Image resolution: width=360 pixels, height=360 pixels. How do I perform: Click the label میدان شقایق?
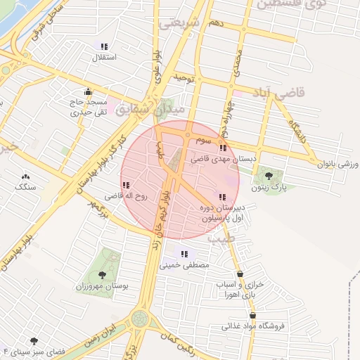tap(150, 110)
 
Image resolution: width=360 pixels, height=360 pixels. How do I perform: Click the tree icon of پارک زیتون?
tap(267, 175)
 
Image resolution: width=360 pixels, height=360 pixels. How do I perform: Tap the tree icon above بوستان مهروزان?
tap(103, 275)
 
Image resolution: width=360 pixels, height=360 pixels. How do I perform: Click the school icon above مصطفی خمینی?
tap(184, 254)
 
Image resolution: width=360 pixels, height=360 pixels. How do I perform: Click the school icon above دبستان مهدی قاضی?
tap(223, 148)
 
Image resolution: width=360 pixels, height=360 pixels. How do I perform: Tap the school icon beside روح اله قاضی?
tap(126, 186)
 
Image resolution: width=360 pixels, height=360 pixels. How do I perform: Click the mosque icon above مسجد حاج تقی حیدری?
tap(87, 91)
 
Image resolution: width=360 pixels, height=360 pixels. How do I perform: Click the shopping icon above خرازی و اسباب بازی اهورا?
tap(240, 274)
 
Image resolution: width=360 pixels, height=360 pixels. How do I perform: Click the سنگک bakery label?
tap(25, 188)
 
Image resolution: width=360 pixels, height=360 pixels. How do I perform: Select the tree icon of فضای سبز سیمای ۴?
tap(32, 340)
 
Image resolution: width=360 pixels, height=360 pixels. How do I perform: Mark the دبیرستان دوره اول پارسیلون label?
tap(223, 213)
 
